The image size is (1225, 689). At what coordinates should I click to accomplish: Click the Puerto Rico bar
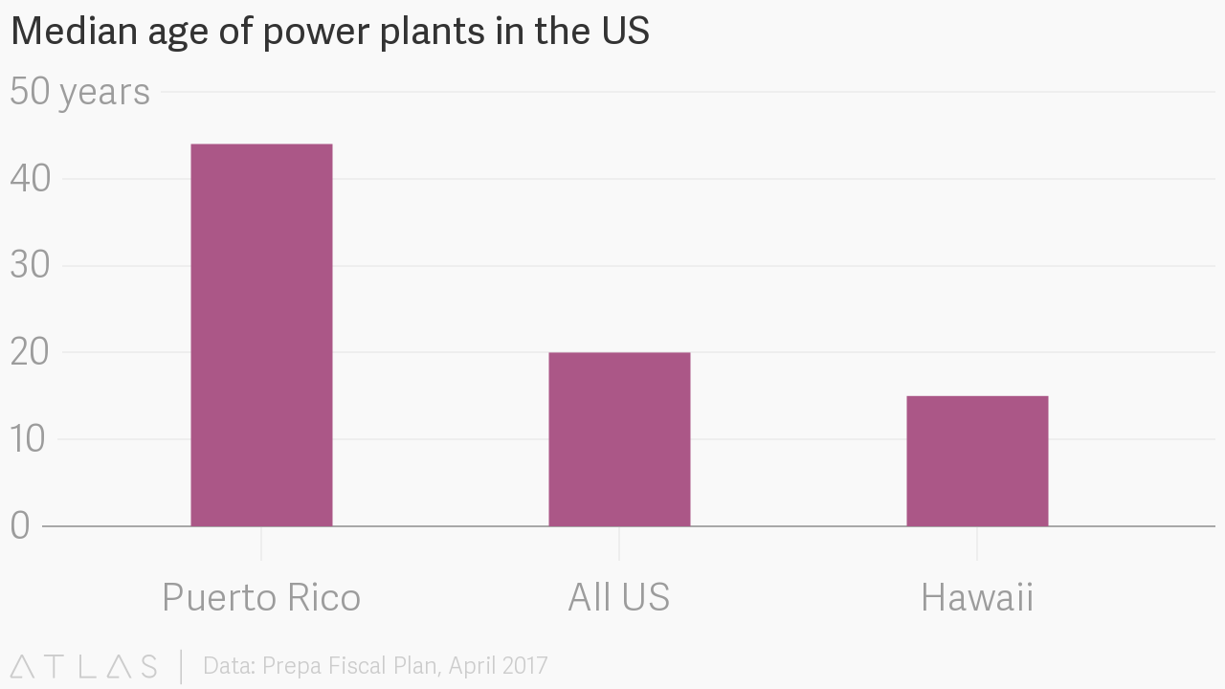pos(261,335)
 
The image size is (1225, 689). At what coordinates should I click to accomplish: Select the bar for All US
pos(619,439)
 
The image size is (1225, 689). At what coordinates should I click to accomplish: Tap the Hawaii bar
pos(977,461)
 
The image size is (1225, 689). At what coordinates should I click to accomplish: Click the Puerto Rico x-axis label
pos(261,597)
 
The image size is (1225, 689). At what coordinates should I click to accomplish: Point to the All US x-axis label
pos(619,597)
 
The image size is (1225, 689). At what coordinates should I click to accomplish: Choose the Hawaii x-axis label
pos(977,597)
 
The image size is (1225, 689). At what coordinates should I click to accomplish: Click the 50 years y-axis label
pos(79,92)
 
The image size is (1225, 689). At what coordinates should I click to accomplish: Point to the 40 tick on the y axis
pos(29,179)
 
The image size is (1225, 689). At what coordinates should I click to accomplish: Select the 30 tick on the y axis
pos(29,265)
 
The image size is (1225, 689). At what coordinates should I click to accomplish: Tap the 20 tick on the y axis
pos(29,352)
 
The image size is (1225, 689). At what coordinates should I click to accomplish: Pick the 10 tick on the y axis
pos(29,439)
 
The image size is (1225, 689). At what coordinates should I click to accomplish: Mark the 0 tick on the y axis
pos(21,525)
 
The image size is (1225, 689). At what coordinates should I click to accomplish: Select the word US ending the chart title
pos(626,32)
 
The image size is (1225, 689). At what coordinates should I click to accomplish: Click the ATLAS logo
pos(84,666)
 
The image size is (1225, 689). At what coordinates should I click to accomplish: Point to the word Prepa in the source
pos(293,666)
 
